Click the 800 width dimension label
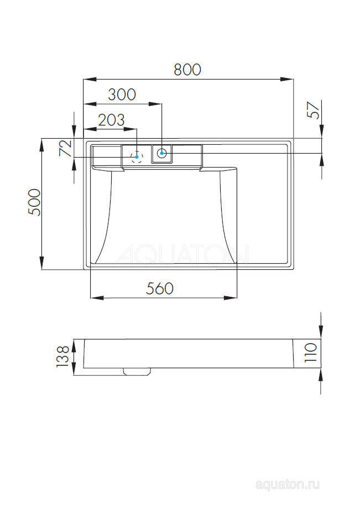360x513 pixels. tap(187, 70)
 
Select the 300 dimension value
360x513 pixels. tap(122, 95)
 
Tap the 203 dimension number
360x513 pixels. tap(111, 119)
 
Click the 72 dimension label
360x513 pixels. tap(65, 148)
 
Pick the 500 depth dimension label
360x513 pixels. tap(34, 202)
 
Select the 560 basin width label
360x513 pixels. tap(159, 289)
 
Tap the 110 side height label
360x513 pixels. tap(310, 352)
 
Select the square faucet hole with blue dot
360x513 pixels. tap(161, 153)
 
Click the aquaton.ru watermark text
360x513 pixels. tap(288, 485)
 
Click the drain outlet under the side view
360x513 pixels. tap(137, 371)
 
